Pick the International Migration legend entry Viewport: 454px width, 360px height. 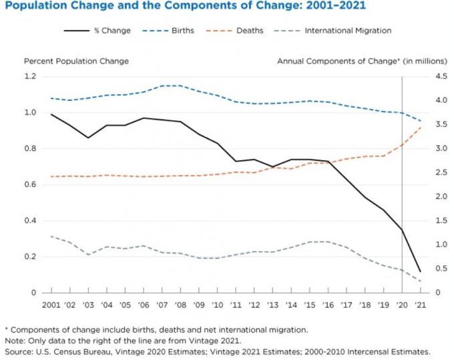click(347, 30)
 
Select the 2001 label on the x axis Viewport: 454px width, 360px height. click(51, 305)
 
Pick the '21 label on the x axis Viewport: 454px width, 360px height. click(419, 305)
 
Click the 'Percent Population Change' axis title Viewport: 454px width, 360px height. click(76, 61)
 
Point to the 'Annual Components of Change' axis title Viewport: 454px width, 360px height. click(361, 61)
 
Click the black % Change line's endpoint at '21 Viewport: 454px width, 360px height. click(419, 272)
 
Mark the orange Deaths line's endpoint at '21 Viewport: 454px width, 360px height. click(419, 128)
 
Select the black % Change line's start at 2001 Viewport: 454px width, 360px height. click(51, 114)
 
